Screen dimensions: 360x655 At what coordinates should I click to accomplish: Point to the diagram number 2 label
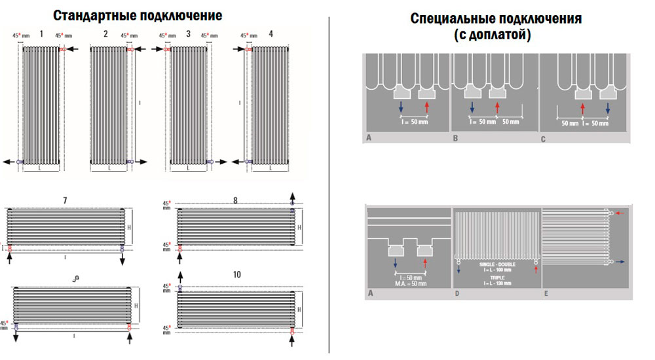coord(105,33)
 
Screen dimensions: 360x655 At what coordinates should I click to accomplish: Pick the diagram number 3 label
coord(188,33)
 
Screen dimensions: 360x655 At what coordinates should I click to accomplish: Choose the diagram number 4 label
coord(271,33)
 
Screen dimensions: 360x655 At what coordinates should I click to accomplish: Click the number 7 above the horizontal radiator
coord(65,199)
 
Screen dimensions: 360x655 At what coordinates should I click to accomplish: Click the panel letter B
coord(455,139)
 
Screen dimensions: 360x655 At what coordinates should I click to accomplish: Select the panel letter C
coord(543,139)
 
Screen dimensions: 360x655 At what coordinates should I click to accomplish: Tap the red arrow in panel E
coord(621,213)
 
